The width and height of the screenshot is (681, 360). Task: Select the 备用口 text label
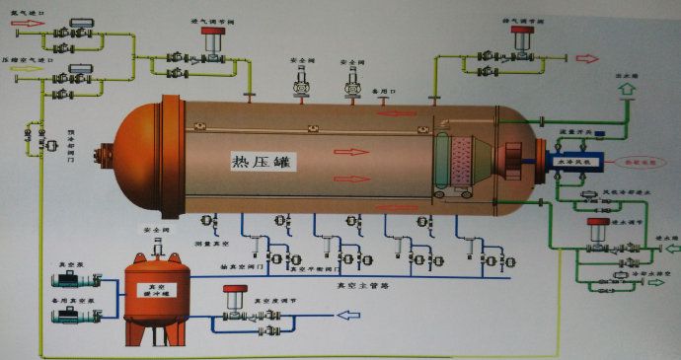(x=379, y=89)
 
